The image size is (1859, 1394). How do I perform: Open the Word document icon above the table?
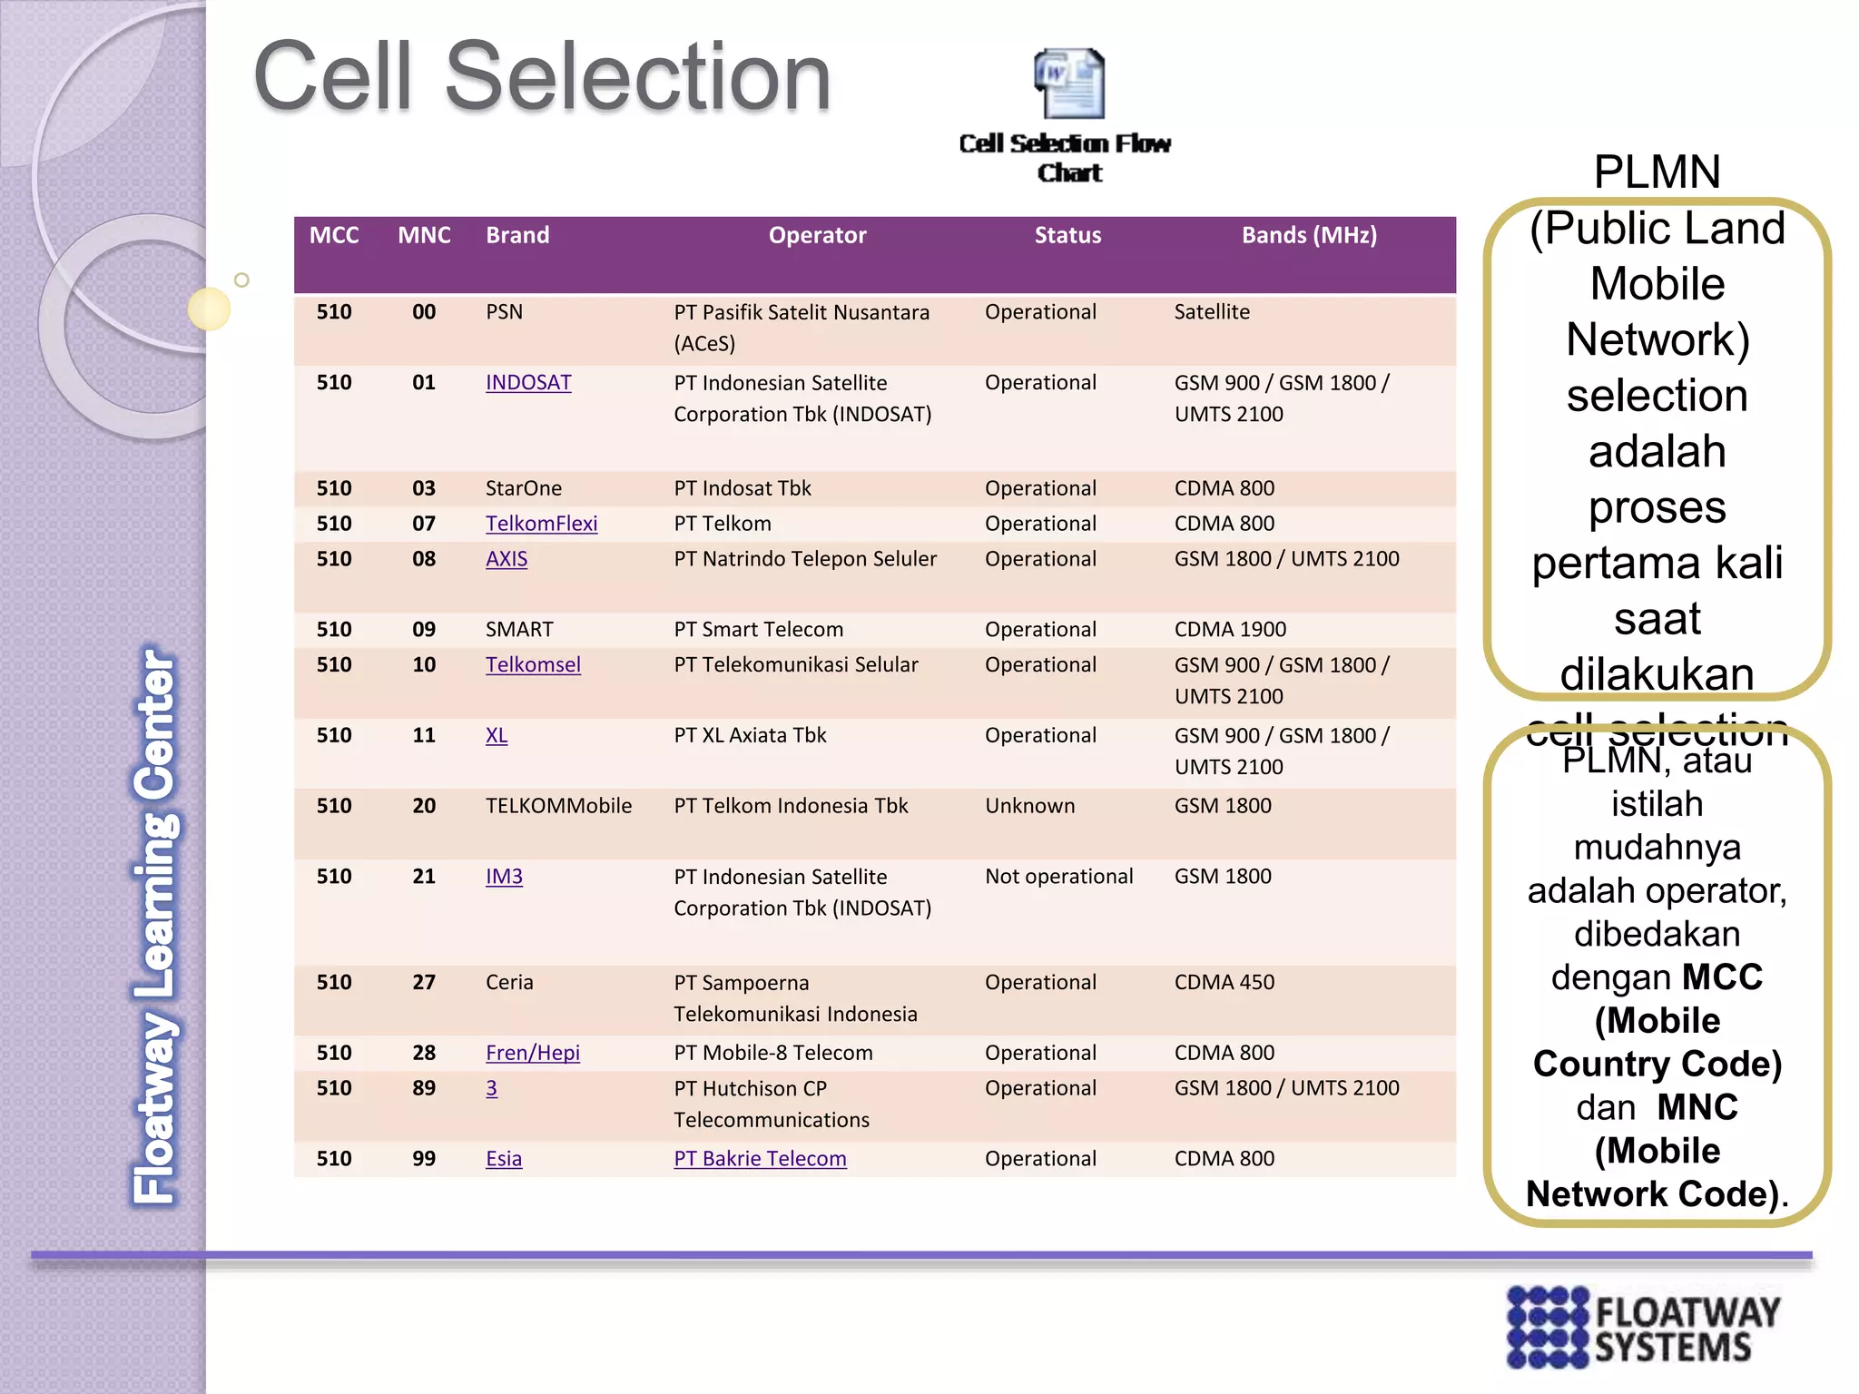[x=1069, y=83]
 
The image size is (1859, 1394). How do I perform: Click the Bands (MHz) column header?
[x=1308, y=236]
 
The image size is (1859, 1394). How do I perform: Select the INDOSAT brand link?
[x=528, y=383]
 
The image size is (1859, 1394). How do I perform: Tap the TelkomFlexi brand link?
[x=541, y=524]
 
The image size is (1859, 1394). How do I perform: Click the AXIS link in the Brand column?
[x=507, y=559]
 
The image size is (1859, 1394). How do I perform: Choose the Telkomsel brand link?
[x=533, y=665]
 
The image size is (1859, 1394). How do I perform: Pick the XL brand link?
[x=497, y=736]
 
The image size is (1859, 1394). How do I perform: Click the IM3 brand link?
[x=504, y=877]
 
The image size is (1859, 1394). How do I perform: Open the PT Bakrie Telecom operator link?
[x=760, y=1159]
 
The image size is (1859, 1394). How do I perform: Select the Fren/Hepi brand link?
[x=532, y=1053]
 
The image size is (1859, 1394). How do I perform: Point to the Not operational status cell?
[x=1058, y=877]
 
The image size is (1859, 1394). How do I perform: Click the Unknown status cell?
[x=1029, y=806]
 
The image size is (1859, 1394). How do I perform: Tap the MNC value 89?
[x=424, y=1088]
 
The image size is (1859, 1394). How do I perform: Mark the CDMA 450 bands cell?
[x=1224, y=983]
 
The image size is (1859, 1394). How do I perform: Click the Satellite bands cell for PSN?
[x=1211, y=312]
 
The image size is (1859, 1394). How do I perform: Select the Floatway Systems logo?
[x=1643, y=1326]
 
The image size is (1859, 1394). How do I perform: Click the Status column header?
[x=1067, y=236]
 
